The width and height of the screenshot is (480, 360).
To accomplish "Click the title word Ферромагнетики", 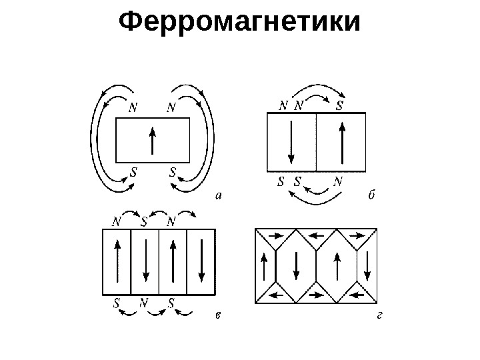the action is click(239, 24).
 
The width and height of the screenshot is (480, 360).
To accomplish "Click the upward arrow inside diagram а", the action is click(153, 141).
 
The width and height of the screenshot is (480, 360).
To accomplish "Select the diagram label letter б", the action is click(372, 196).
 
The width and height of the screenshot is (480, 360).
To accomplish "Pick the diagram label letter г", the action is click(378, 315).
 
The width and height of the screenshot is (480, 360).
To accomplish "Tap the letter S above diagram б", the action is click(339, 105).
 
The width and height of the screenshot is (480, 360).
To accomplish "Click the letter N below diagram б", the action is click(338, 181).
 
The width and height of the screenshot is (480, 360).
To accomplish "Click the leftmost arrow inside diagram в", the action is click(117, 262).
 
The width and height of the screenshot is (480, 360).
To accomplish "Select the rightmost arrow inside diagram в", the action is click(201, 262).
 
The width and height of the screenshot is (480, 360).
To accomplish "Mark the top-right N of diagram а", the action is click(171, 107).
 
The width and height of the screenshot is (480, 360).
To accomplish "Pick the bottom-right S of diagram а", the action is click(173, 171).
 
